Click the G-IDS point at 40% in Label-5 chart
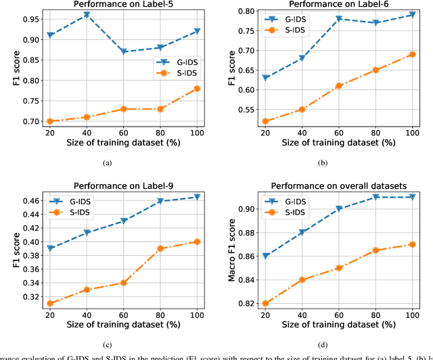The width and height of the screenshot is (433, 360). click(86, 14)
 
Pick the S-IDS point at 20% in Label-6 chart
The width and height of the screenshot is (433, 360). click(265, 122)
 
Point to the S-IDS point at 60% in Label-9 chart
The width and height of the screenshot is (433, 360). click(123, 283)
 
